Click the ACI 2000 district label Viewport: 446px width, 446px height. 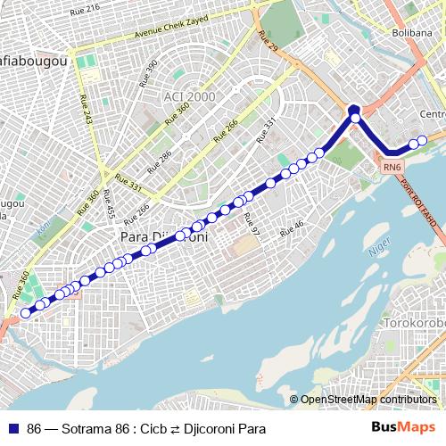pos(190,95)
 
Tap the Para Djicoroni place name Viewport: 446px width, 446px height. pos(164,237)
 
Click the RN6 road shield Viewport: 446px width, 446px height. pos(392,166)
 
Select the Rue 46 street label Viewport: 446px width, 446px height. pos(292,228)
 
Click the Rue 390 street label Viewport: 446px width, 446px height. pos(149,73)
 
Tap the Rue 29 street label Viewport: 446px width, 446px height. pos(268,42)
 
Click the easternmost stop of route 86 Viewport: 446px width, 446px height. pos(423,140)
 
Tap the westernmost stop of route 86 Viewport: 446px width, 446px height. pos(26,313)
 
